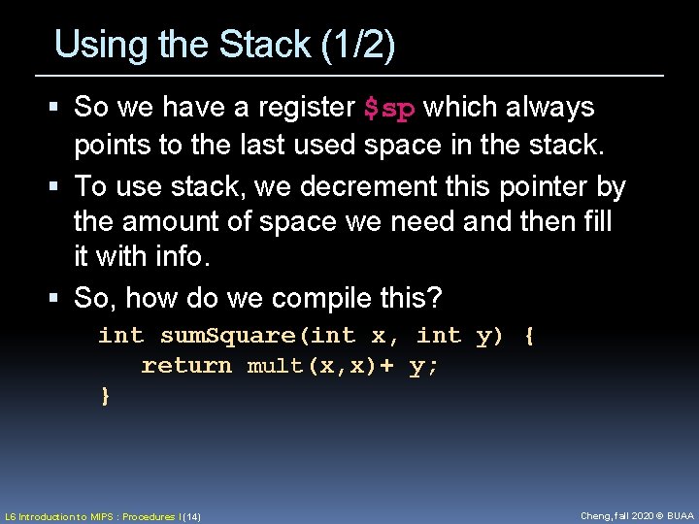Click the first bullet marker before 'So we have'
pos(59,107)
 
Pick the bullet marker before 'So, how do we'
pos(59,298)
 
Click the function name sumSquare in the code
pos(228,336)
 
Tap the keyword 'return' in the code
pos(186,366)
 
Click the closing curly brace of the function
pos(105,395)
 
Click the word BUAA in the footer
pos(679,516)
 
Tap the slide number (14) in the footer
pos(190,517)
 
